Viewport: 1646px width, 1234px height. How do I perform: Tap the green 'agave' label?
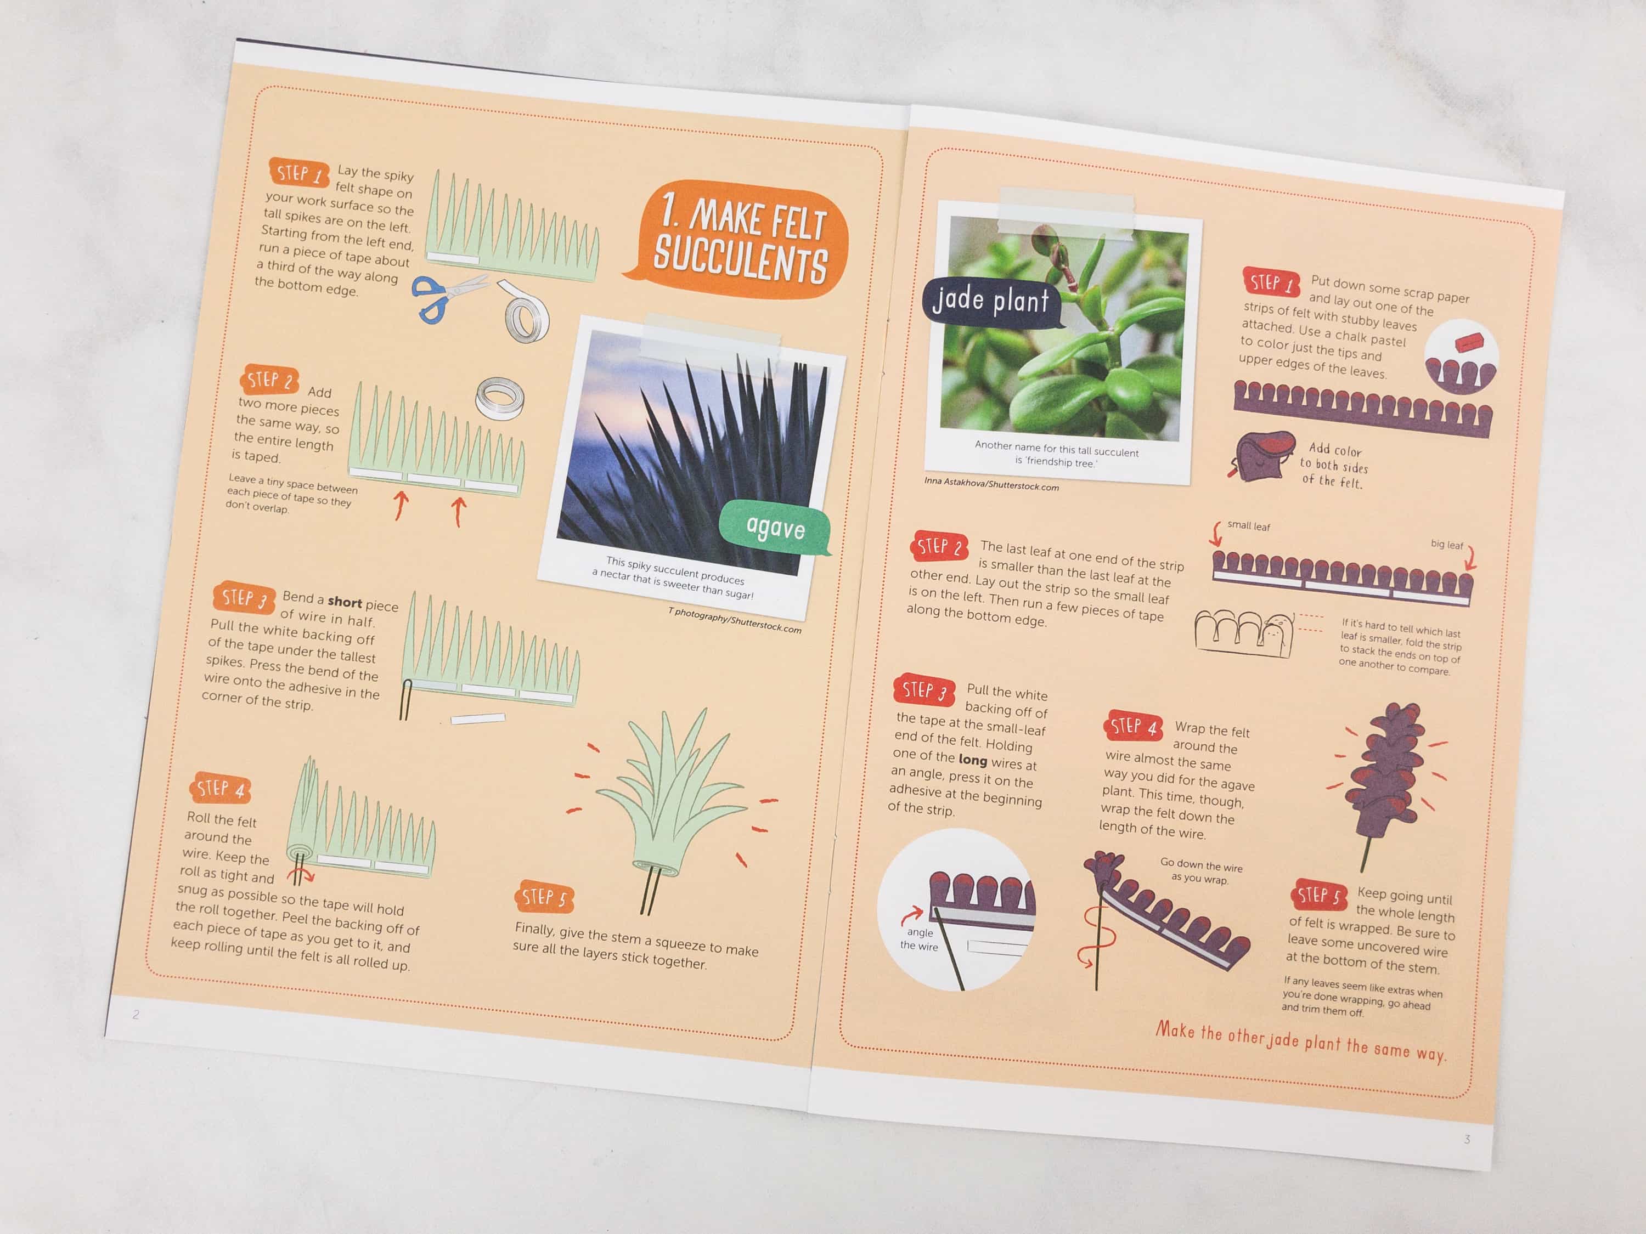(x=775, y=528)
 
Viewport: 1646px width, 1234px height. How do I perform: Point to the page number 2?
(x=136, y=1014)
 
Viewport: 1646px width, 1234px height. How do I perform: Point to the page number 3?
(x=1467, y=1139)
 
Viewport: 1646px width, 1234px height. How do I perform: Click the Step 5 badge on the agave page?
(x=543, y=897)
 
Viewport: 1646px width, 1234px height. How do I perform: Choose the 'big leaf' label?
(x=1447, y=545)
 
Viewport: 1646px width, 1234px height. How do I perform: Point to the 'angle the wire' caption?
(x=920, y=939)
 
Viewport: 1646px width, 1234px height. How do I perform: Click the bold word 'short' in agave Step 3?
(x=345, y=602)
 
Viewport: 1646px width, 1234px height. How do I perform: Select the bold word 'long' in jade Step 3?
(x=973, y=760)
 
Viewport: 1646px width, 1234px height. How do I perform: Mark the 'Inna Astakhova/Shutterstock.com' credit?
(x=991, y=484)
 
